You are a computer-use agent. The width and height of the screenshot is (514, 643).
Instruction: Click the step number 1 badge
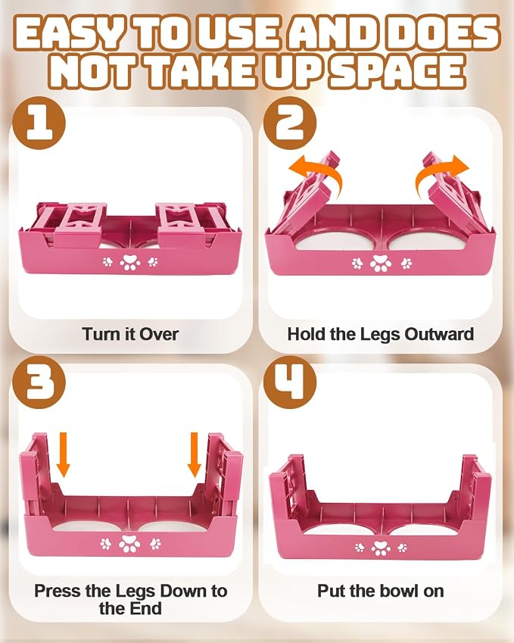click(39, 123)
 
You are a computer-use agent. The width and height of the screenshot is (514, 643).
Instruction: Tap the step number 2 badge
click(290, 123)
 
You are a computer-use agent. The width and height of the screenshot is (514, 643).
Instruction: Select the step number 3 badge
click(39, 382)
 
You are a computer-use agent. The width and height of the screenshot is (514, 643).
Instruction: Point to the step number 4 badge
click(290, 382)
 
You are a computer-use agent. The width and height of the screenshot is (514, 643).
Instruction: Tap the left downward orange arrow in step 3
click(63, 454)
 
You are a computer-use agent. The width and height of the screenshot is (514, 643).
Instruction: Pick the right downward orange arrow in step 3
click(195, 454)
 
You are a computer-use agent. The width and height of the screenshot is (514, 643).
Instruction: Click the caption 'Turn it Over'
click(130, 334)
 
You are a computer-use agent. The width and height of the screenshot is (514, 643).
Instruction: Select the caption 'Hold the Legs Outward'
click(380, 334)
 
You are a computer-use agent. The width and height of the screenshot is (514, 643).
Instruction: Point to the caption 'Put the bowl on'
click(380, 591)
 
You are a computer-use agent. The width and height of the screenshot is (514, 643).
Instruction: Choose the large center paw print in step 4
click(381, 548)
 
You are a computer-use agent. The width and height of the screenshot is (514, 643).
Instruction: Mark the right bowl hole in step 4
click(420, 529)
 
